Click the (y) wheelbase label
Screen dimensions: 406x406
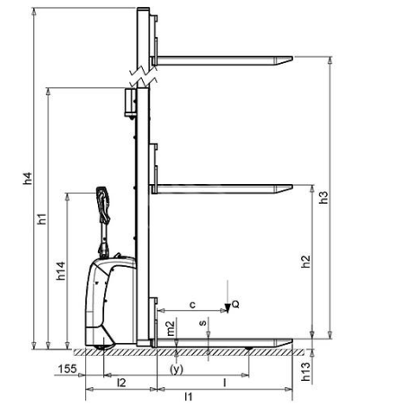(176, 368)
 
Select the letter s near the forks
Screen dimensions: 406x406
(203, 320)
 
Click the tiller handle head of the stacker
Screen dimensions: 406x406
(101, 200)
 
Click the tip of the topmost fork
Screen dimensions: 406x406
(288, 60)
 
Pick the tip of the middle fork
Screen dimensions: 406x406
(288, 188)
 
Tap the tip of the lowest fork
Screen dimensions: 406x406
(288, 342)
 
